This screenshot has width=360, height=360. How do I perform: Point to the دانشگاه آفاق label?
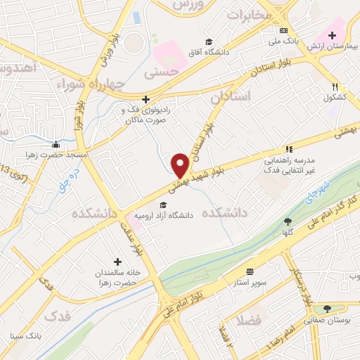coord(207,52)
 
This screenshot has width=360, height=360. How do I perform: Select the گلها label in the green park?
coord(288,232)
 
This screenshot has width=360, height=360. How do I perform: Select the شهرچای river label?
coord(317,188)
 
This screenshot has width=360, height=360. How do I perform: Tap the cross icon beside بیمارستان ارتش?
coord(331,35)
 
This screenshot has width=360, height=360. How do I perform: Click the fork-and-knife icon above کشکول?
coord(335,86)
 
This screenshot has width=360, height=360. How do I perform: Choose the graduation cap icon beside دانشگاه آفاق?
coord(207,41)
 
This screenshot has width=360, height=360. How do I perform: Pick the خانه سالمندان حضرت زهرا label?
coord(117,276)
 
